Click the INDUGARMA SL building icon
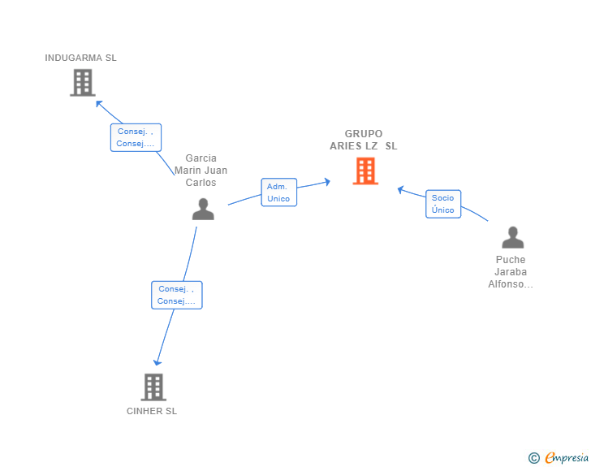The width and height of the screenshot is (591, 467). [83, 83]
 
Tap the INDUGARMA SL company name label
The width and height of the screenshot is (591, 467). [80, 58]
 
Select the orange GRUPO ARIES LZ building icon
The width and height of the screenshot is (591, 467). [365, 171]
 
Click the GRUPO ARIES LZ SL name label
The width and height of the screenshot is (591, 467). [364, 140]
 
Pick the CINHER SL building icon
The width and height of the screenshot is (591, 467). [153, 387]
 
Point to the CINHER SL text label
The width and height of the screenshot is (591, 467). [152, 411]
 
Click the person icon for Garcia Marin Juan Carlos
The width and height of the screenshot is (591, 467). [203, 209]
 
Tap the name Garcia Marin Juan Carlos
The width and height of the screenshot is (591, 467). [201, 170]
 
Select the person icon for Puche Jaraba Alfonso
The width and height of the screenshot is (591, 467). [512, 237]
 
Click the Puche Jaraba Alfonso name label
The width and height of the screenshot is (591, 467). [511, 272]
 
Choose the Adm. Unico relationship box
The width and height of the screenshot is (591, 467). [279, 192]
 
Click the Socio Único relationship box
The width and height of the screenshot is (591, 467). [443, 204]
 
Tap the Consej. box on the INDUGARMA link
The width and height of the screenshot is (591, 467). [136, 137]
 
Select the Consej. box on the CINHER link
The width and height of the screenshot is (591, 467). [177, 295]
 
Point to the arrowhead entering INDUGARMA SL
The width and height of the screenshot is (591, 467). [99, 104]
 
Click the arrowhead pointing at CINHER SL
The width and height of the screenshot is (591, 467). [157, 362]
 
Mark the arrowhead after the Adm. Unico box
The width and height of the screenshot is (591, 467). [327, 182]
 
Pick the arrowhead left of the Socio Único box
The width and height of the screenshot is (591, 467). [401, 190]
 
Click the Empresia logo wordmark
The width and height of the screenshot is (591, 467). [567, 458]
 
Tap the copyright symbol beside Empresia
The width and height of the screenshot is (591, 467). [534, 458]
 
